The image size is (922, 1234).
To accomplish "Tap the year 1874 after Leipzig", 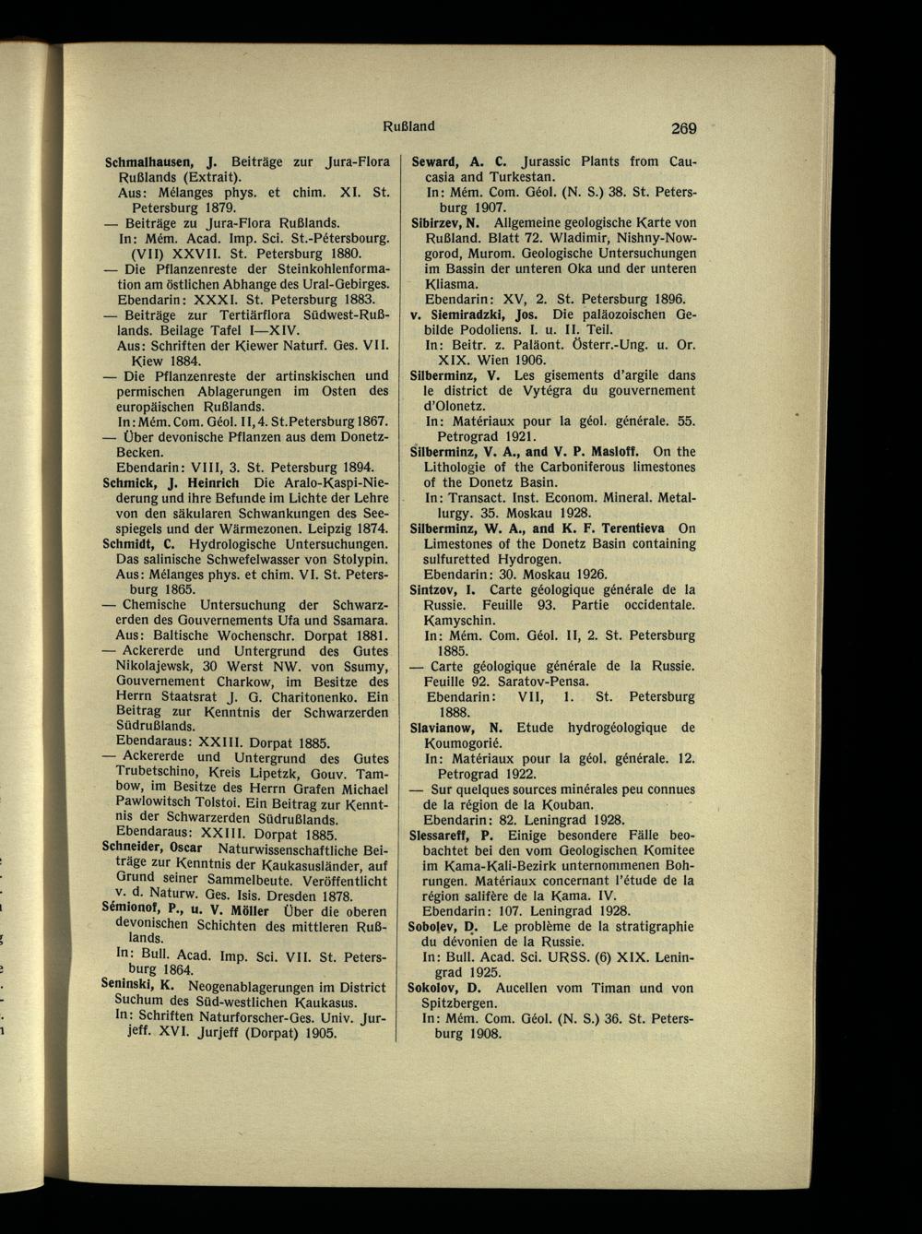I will click(x=369, y=528).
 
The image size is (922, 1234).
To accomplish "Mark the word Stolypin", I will click(x=353, y=560).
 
